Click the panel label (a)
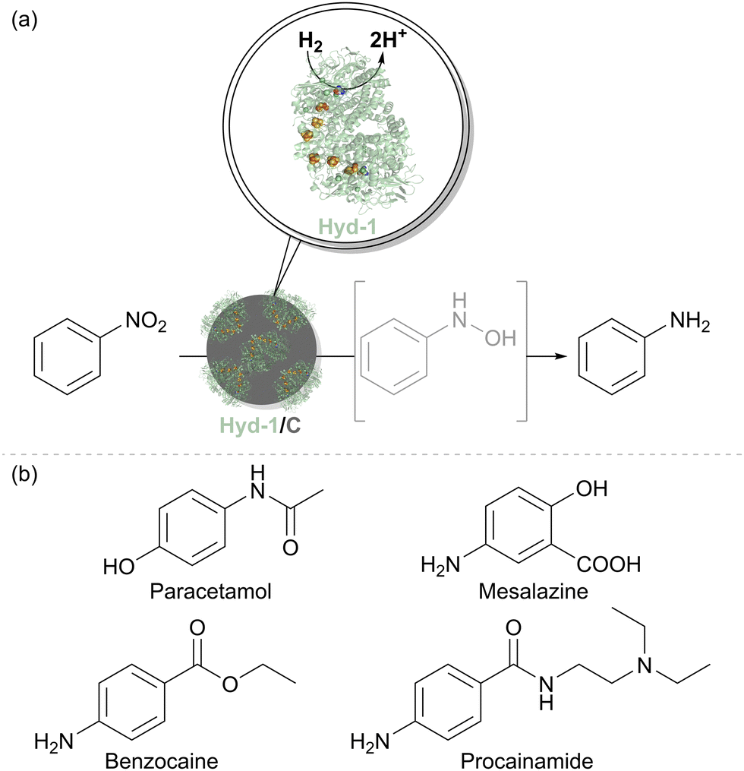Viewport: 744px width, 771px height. point(24,21)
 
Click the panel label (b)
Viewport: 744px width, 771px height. point(24,476)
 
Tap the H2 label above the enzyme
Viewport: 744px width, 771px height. point(311,43)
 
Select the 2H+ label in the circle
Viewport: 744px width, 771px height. point(388,39)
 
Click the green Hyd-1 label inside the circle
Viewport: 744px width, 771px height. point(348,227)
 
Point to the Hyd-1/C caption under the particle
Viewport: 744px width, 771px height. point(260,425)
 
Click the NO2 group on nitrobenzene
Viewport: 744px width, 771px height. point(146,322)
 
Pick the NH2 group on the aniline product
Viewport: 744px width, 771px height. point(690,322)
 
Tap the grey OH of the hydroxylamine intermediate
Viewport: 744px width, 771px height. point(501,338)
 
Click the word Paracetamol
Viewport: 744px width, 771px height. point(210,591)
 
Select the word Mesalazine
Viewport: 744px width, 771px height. point(533,591)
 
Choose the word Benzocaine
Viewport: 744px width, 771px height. point(162,760)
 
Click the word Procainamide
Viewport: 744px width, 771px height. point(527,760)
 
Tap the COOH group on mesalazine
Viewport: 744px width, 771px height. point(609,564)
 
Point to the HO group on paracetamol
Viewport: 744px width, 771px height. point(119,567)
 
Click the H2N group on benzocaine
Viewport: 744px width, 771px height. point(54,741)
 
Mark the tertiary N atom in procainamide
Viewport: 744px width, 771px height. point(645,665)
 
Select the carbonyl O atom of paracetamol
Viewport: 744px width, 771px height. point(291,547)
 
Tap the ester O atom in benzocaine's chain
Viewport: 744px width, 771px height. point(229,684)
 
